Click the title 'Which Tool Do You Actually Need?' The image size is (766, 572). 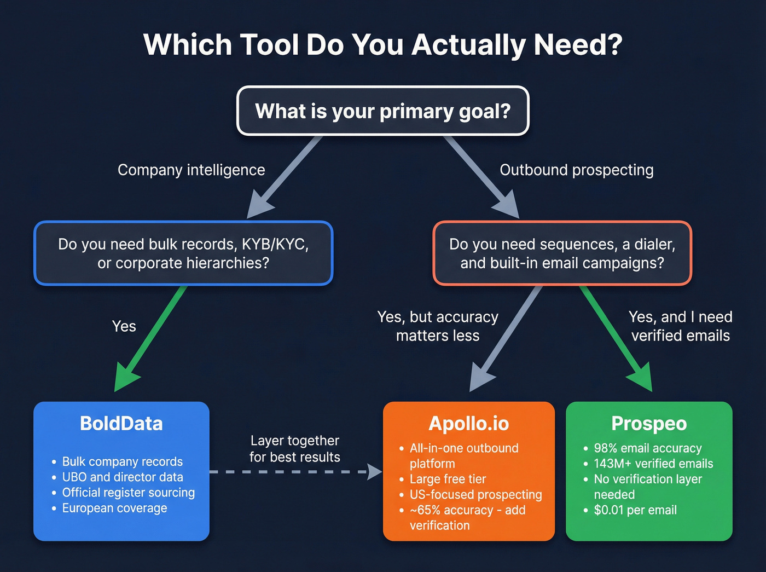382,45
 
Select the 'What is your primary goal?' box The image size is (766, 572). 382,111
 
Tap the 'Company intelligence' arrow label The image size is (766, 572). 191,170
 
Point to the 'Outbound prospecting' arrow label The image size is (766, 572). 576,170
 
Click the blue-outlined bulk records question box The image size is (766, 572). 183,253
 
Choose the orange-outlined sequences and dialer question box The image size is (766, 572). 562,253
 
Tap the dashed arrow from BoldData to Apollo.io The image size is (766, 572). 295,471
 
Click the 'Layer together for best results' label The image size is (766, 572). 295,449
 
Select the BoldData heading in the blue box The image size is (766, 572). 121,424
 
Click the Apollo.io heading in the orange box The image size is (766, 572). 469,424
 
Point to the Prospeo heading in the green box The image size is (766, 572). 649,424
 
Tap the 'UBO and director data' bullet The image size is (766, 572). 123,477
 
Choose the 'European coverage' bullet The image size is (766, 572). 114,508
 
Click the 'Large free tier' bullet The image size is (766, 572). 448,479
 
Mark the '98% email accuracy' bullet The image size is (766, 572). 648,448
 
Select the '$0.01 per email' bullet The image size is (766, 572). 635,510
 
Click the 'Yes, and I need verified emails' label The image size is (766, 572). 680,326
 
